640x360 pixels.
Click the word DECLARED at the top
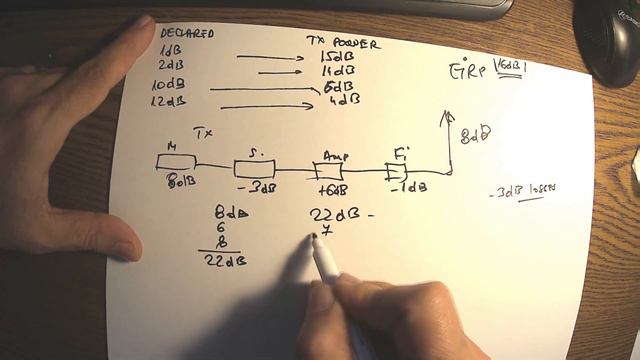pos(187,32)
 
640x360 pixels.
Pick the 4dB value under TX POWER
pos(343,99)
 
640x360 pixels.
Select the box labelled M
pos(179,162)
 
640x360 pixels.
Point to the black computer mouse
pos(609,40)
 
